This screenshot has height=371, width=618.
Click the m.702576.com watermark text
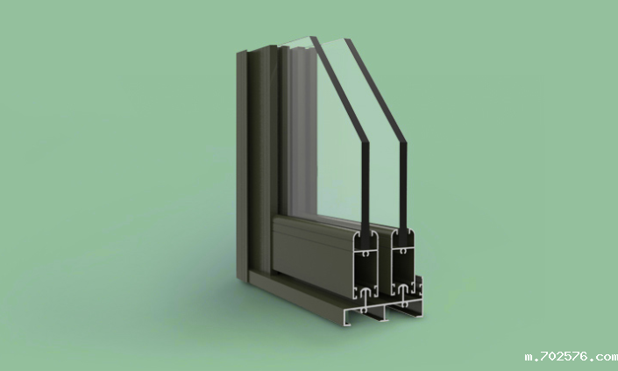point(571,357)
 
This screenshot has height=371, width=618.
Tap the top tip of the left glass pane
point(313,37)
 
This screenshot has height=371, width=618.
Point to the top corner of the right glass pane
point(347,39)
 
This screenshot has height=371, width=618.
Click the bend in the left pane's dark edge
point(366,141)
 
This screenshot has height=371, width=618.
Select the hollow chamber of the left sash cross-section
point(366,272)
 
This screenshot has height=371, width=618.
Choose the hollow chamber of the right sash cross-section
point(403,268)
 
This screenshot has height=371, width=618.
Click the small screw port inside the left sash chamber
point(366,254)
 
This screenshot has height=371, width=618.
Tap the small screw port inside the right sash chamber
point(403,251)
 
